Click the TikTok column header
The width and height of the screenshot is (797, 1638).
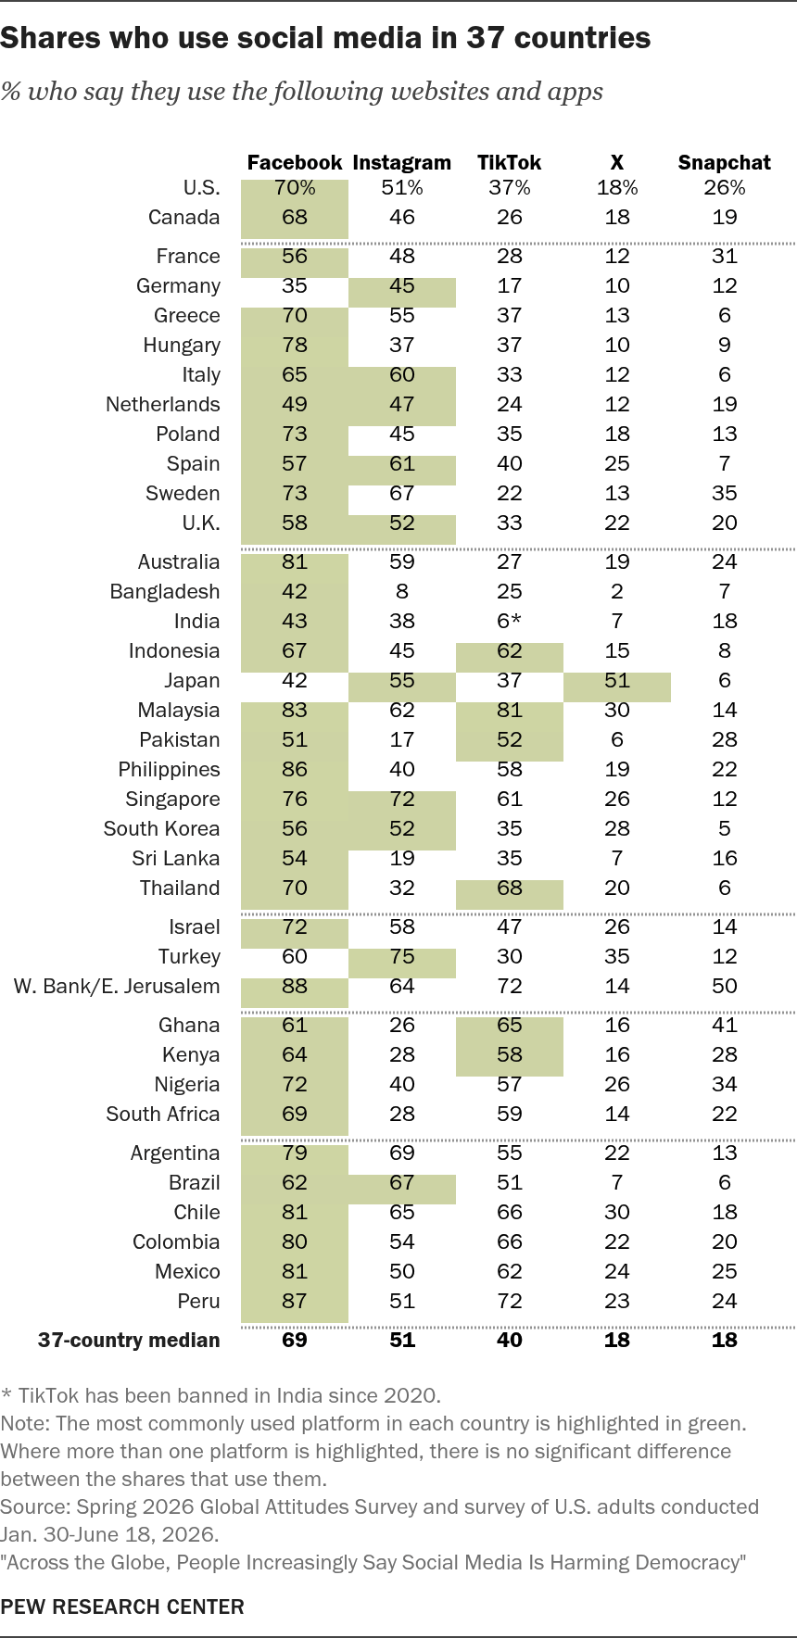509,163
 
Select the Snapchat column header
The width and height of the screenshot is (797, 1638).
724,163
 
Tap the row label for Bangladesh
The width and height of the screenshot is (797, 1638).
165,591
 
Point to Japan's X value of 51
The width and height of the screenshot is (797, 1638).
617,680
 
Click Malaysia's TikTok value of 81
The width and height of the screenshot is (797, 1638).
510,710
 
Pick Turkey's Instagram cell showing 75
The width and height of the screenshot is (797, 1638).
402,956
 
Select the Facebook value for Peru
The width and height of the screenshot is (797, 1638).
295,1301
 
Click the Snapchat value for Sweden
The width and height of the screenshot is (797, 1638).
725,493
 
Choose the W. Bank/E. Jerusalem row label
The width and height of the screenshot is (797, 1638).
117,986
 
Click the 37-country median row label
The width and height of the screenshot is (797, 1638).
129,1340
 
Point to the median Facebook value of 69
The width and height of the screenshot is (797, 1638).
295,1340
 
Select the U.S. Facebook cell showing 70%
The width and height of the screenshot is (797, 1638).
295,187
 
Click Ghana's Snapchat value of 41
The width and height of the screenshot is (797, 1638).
725,1025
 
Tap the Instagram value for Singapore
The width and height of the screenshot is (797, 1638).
402,799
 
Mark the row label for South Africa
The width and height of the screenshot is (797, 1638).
163,1114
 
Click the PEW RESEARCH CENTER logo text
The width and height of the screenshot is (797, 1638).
122,1606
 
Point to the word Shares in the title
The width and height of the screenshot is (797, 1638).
46,38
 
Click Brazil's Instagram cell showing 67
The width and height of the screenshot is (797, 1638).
402,1182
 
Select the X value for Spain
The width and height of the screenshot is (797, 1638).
617,463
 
